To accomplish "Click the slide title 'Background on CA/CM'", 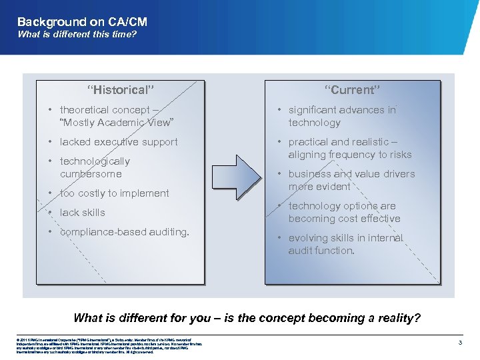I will click(82, 22).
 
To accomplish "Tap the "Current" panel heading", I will click(353, 90).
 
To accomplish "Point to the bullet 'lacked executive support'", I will click(119, 142).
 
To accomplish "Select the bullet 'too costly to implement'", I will click(114, 193).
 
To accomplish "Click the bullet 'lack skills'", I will click(82, 213).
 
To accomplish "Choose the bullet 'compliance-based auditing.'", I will click(124, 232).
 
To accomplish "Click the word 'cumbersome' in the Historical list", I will click(91, 174).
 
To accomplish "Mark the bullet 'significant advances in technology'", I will click(341, 116).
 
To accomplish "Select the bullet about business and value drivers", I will click(351, 180).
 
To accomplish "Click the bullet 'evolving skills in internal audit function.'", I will click(345, 244).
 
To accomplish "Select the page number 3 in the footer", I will click(461, 342).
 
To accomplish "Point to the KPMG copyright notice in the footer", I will click(100, 346).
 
